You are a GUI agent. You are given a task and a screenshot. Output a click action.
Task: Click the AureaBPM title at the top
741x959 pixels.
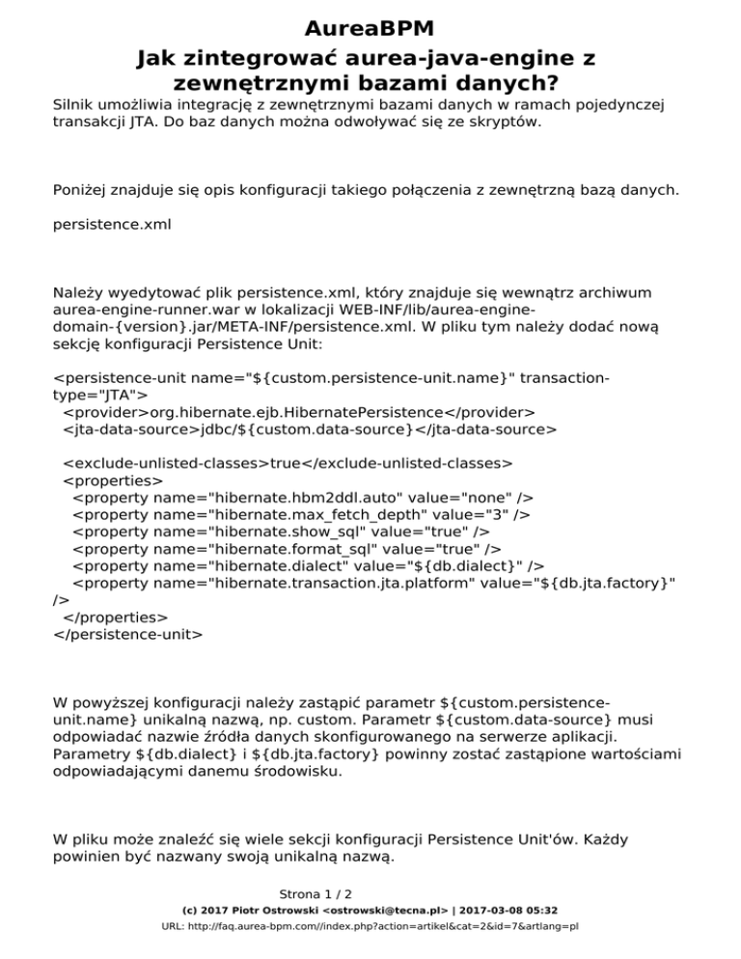click(370, 28)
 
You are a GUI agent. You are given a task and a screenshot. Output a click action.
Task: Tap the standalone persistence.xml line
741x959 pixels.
click(111, 225)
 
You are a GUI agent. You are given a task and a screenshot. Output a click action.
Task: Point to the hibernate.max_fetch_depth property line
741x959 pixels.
click(300, 515)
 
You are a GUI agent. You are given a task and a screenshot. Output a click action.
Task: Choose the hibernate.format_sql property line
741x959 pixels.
click(286, 550)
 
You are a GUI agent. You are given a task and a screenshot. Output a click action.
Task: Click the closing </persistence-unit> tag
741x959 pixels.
click(127, 635)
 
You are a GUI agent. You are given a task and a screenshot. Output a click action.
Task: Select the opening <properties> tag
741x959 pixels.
click(112, 480)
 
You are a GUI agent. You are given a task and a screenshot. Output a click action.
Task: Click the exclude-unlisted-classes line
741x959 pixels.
click(287, 463)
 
